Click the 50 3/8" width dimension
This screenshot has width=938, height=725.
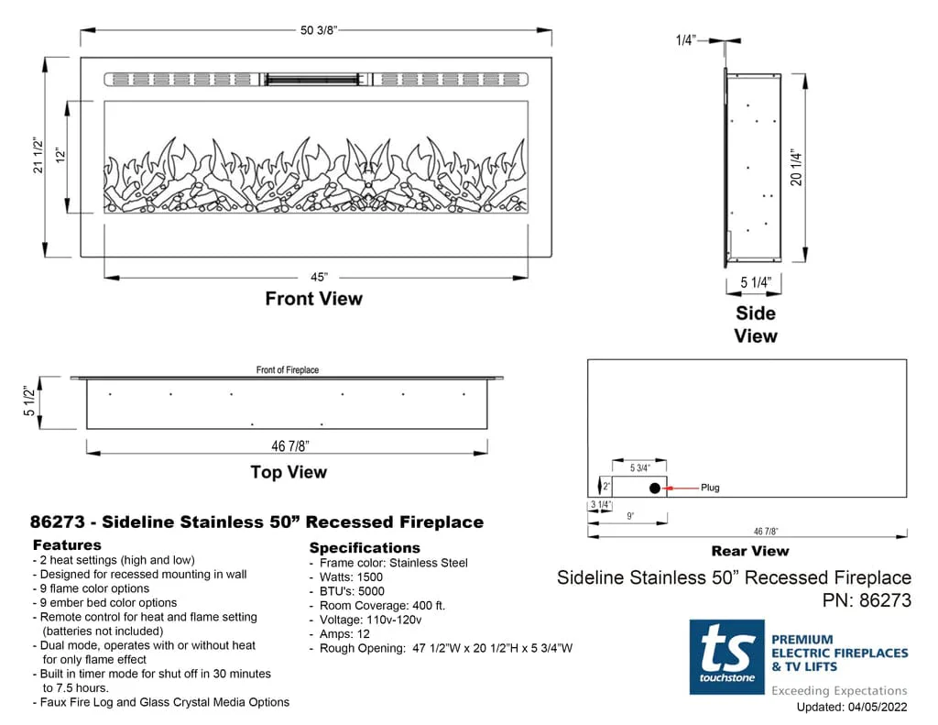pos(319,30)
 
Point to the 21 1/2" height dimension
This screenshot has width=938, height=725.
pos(38,156)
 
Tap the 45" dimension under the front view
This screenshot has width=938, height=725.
pos(319,277)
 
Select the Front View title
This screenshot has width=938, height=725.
pos(313,299)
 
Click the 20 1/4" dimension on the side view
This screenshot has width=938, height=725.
pos(797,169)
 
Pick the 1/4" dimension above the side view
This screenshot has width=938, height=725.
pos(685,40)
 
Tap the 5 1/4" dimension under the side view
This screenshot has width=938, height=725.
pos(756,282)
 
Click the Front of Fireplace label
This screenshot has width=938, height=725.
pos(288,370)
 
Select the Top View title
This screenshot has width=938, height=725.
pos(289,472)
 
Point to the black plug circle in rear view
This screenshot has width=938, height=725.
pos(654,488)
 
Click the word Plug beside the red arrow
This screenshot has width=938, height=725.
pos(710,488)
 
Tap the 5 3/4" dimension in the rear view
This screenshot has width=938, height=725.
pos(639,468)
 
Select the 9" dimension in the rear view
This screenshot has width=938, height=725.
pos(631,515)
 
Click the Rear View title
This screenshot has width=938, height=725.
pos(749,551)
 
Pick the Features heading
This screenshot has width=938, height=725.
pos(67,545)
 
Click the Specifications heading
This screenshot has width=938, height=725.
pos(365,548)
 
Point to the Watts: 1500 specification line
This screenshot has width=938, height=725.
pos(351,577)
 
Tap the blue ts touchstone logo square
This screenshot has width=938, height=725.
pos(726,656)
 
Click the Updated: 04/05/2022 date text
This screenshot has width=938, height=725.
pos(851,707)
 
